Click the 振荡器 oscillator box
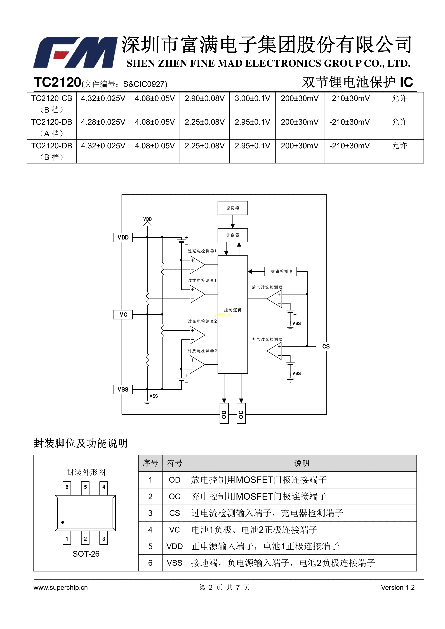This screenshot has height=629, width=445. [x=232, y=208]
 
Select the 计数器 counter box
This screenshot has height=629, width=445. [x=232, y=235]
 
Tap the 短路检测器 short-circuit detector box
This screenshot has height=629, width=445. [x=281, y=272]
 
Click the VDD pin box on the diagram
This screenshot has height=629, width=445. [x=123, y=238]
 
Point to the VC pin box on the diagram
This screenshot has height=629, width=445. [x=123, y=314]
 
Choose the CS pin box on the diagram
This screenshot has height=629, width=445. [x=326, y=346]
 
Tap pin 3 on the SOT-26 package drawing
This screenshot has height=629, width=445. [x=104, y=539]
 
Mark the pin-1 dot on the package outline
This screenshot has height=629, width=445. [x=63, y=522]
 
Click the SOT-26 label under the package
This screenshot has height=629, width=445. [x=86, y=554]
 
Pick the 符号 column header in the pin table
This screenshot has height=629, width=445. [x=175, y=463]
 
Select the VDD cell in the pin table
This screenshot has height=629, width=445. [x=175, y=547]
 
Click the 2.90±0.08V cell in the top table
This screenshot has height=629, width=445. [x=204, y=98]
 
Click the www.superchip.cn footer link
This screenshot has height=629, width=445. [x=61, y=588]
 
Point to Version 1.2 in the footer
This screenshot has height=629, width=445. [x=398, y=588]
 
